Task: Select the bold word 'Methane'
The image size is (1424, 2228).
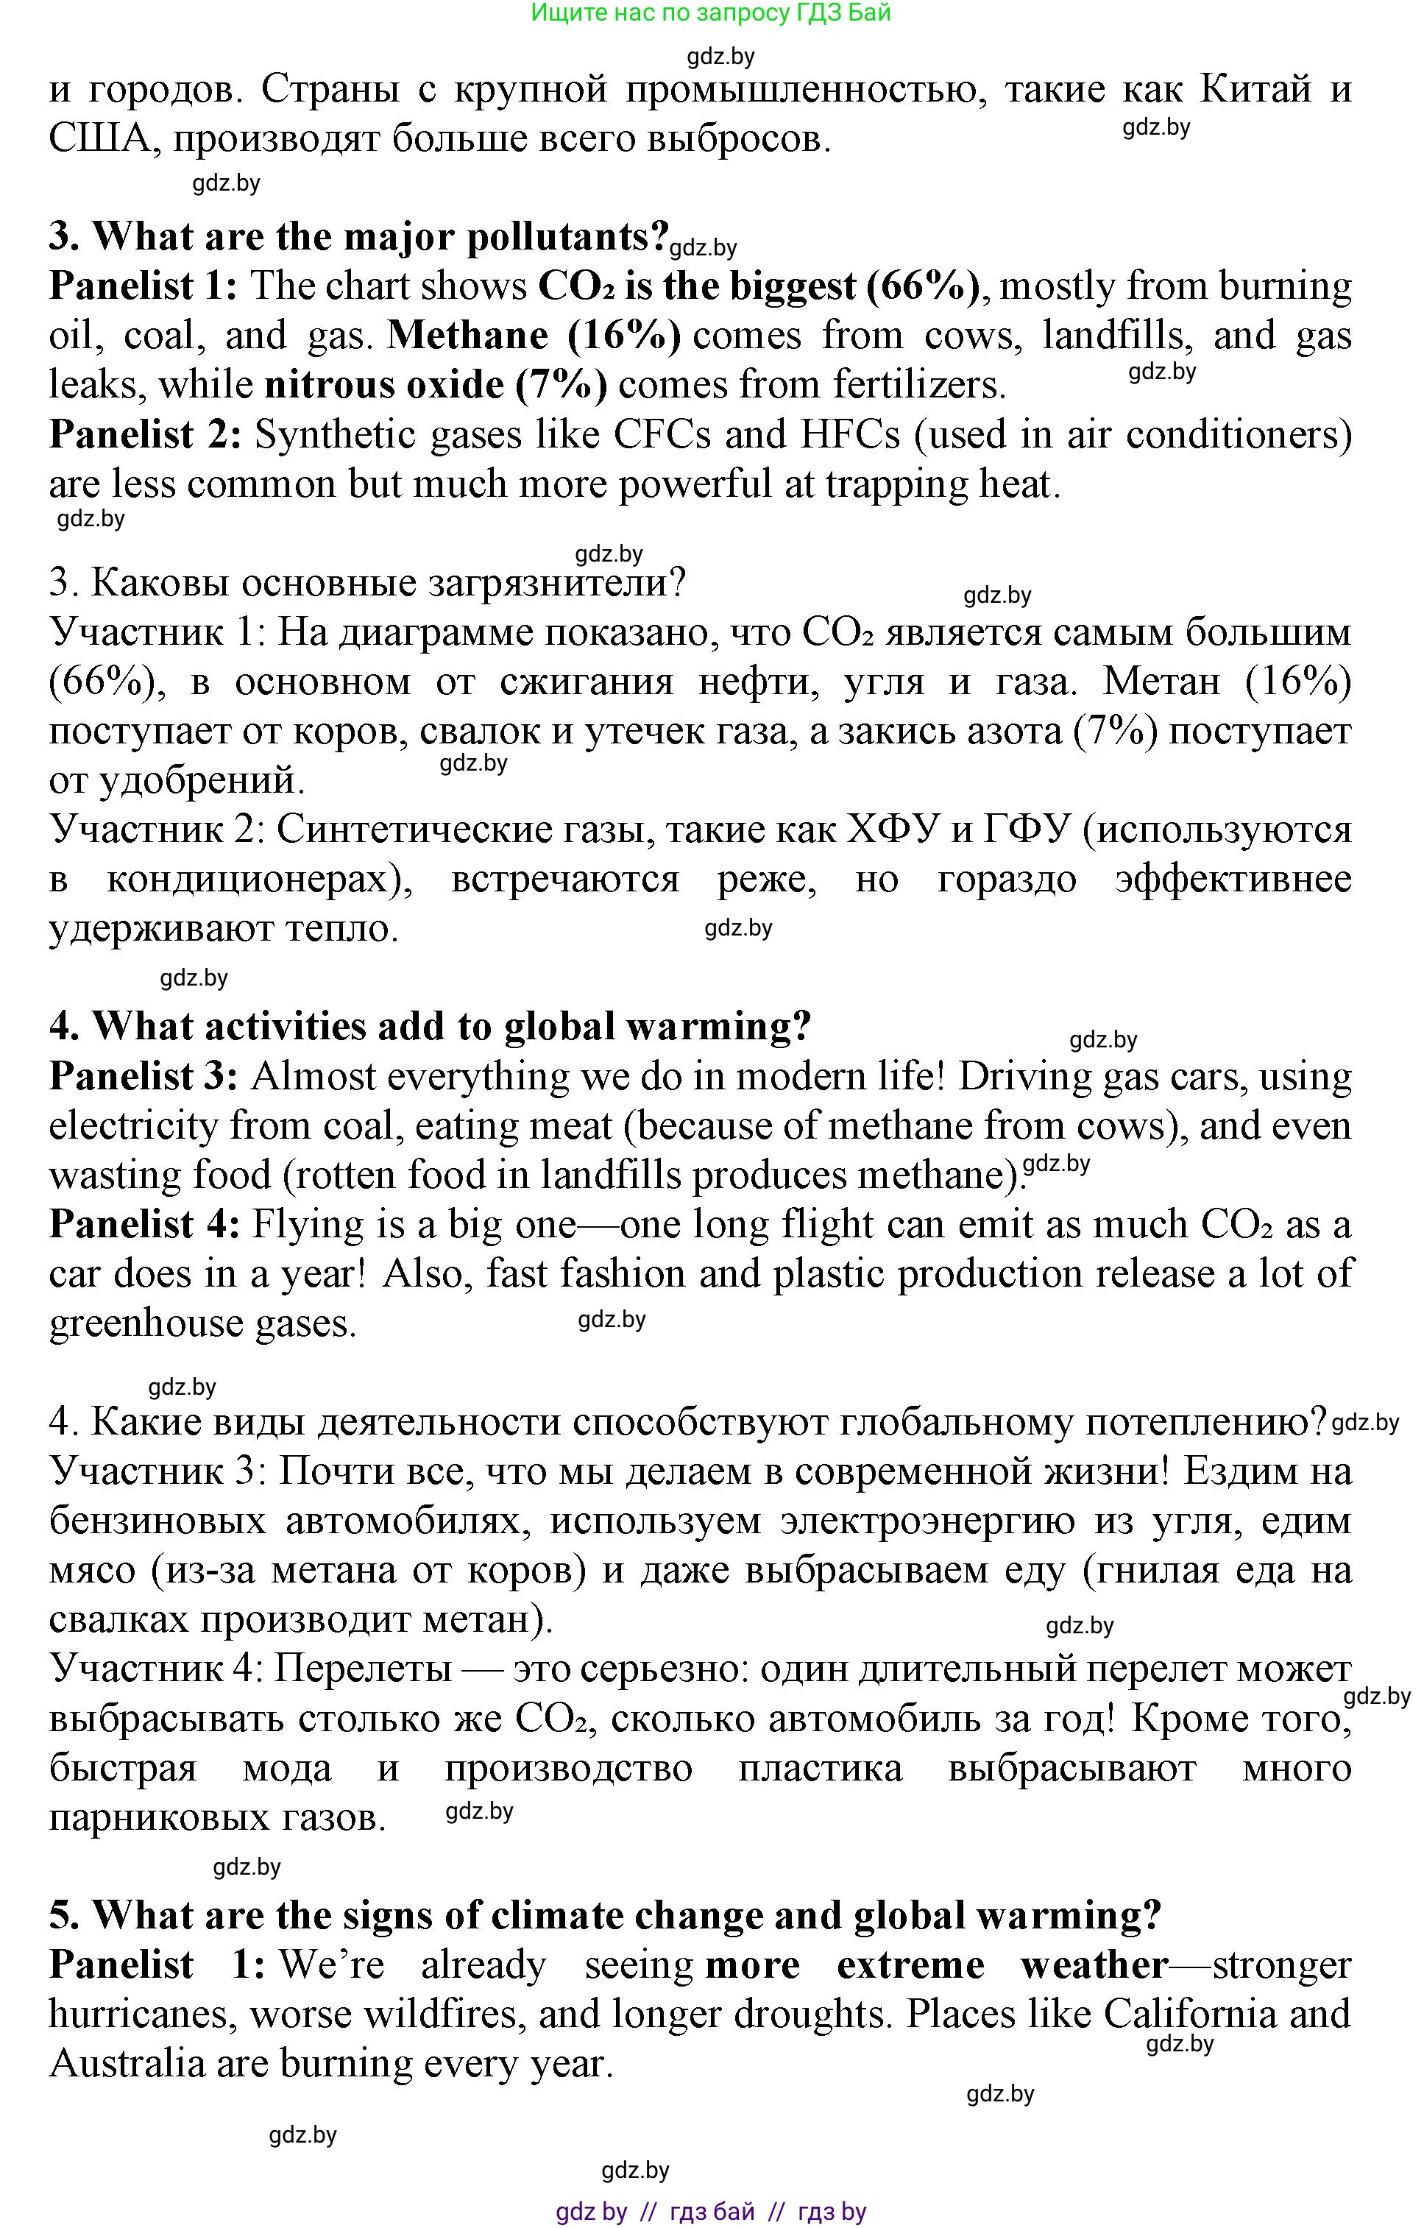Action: [467, 336]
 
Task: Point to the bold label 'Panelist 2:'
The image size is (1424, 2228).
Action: [145, 435]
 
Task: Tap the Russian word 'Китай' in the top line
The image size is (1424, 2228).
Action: [1255, 90]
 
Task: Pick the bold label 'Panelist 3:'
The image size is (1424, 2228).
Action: [144, 1077]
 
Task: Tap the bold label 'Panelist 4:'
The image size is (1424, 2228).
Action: [145, 1225]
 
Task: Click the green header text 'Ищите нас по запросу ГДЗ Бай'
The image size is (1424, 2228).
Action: [711, 13]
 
